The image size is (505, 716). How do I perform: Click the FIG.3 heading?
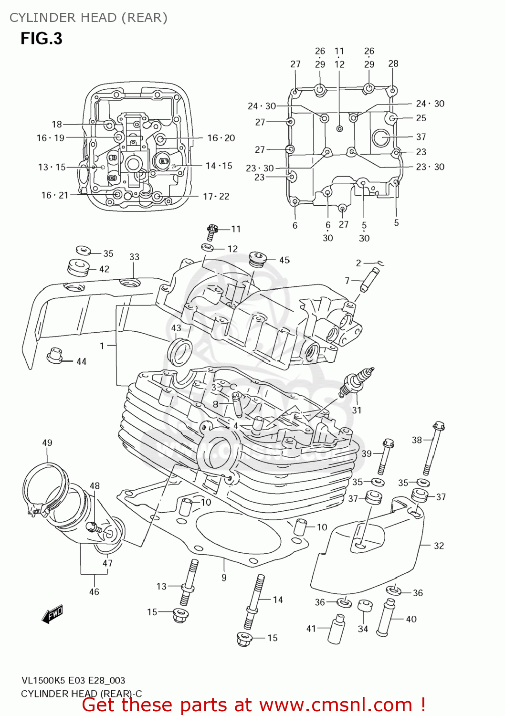pos(42,38)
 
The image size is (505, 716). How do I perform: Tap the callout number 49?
pos(47,442)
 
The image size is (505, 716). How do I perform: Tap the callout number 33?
pos(134,257)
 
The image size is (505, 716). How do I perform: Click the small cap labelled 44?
pos(55,356)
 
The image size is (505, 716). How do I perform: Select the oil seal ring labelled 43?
pos(180,351)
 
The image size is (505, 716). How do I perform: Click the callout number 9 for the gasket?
pos(224,578)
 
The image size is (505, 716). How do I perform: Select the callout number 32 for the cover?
pos(439,546)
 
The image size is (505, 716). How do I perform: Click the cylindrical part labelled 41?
pos(337,628)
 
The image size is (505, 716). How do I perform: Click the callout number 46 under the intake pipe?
pos(94,592)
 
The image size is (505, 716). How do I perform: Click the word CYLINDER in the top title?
pos(42,18)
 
